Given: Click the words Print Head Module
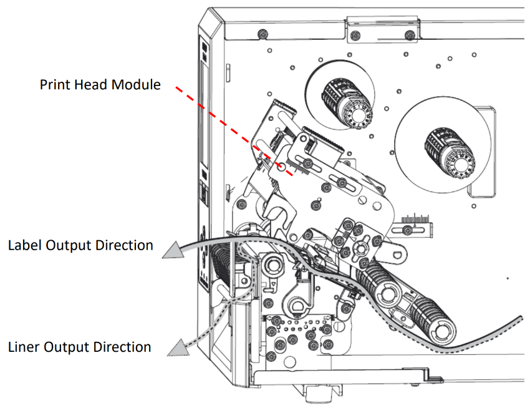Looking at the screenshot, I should pos(100,84).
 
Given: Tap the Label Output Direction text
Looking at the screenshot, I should pos(80,245).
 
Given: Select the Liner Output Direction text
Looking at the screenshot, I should pos(80,346).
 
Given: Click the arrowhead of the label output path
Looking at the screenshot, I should pos(172,250).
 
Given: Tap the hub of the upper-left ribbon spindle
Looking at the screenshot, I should pos(357,116).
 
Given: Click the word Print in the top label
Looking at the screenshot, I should pos(55,84).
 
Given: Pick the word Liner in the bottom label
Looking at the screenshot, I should pos(26,346).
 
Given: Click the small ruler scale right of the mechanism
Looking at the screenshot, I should pos(417,220).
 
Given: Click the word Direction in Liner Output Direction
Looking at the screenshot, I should pos(123,346).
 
